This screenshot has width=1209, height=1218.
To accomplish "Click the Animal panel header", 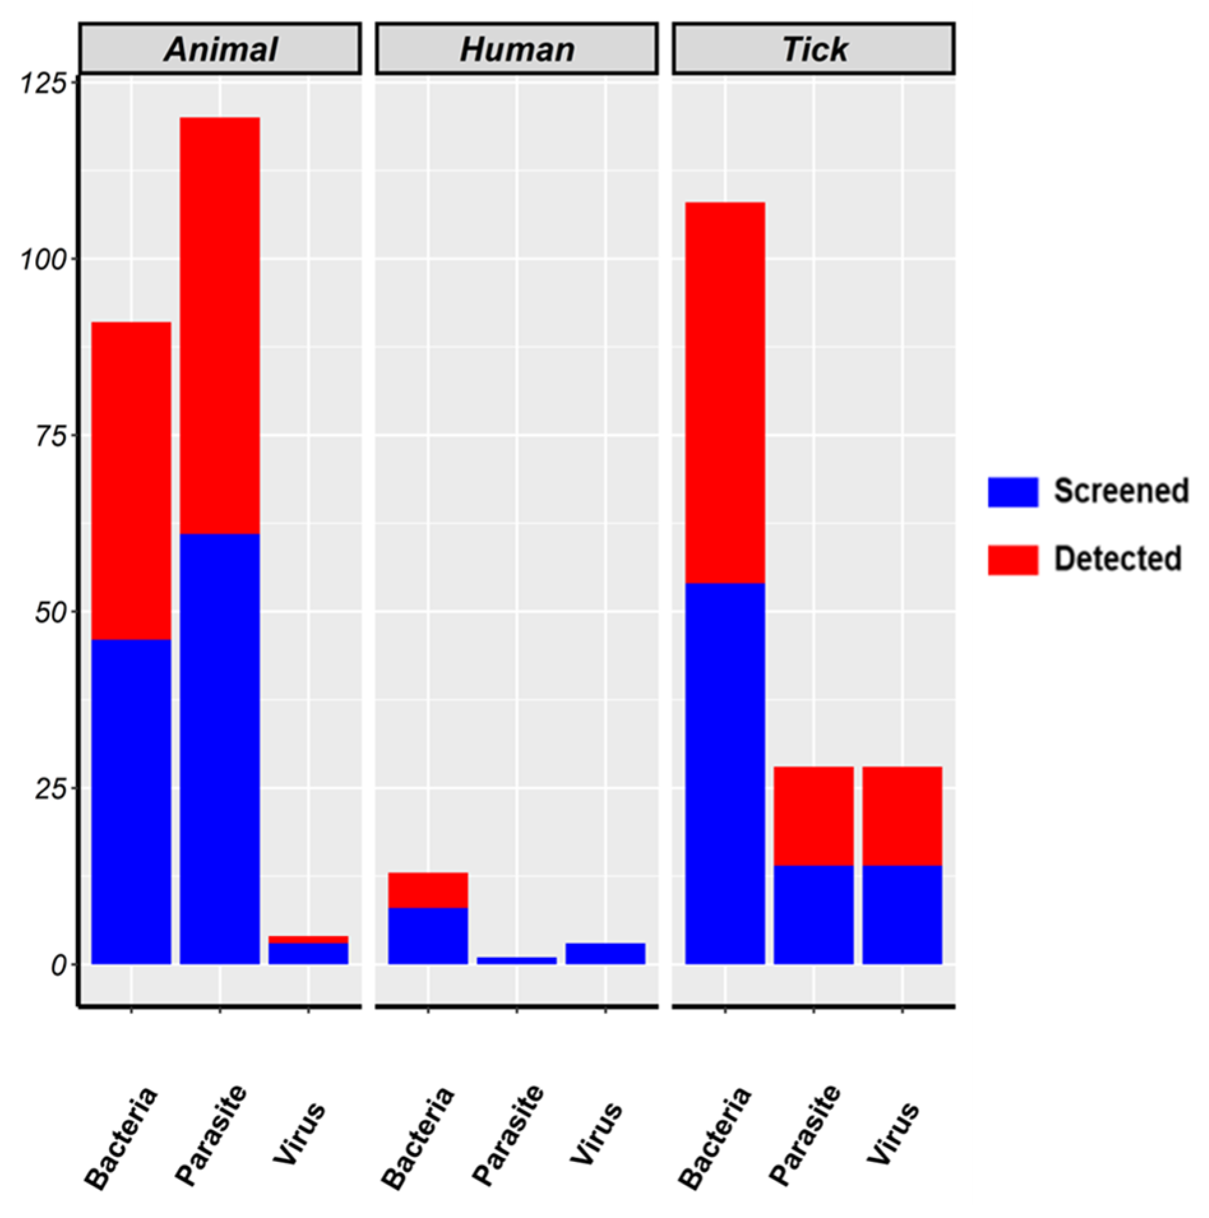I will (220, 49).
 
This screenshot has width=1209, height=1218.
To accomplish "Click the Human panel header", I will (517, 49).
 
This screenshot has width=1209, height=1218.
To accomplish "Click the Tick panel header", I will (814, 49).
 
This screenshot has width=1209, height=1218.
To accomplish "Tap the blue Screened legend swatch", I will (1012, 492).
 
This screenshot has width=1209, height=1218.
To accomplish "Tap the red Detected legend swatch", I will (1012, 559).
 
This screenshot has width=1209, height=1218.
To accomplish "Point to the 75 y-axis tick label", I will (50, 437).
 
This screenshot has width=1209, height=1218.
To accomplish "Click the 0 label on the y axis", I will (59, 965).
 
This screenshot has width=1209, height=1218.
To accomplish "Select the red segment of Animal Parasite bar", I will (219, 325).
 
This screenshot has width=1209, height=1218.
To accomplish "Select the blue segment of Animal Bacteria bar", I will (131, 800).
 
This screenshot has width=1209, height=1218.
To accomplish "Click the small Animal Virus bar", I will (308, 950).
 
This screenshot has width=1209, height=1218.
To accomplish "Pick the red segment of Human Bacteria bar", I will (428, 890).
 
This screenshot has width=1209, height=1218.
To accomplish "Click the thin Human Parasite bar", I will (517, 960).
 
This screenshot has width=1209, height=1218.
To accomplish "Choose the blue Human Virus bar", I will (605, 953).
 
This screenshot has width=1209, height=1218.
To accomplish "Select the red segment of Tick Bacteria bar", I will (725, 392).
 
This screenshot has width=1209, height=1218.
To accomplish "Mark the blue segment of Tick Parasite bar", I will (814, 914).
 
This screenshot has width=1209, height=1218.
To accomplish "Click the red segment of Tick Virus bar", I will (902, 816).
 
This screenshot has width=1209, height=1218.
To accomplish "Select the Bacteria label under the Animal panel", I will (121, 1138).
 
